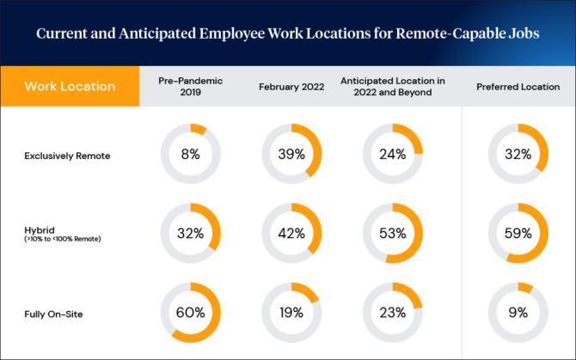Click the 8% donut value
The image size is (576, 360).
tap(190, 156)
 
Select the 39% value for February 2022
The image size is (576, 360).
tap(291, 156)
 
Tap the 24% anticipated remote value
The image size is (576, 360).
tap(392, 156)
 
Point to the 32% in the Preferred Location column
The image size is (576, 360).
tap(518, 156)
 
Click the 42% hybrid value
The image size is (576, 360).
tap(291, 233)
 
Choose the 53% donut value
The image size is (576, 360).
tap(392, 233)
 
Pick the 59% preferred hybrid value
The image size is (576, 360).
tap(518, 233)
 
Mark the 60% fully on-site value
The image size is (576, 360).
tap(190, 312)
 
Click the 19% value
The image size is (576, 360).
tap(291, 312)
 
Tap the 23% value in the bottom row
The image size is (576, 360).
tap(392, 312)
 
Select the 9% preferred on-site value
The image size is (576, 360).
tap(518, 312)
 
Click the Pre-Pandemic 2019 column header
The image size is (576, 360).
tap(190, 86)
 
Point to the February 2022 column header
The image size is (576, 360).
tap(291, 87)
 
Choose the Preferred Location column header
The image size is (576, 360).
tap(518, 87)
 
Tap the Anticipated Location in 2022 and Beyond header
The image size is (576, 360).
tap(392, 86)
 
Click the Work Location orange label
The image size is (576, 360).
tap(70, 87)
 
